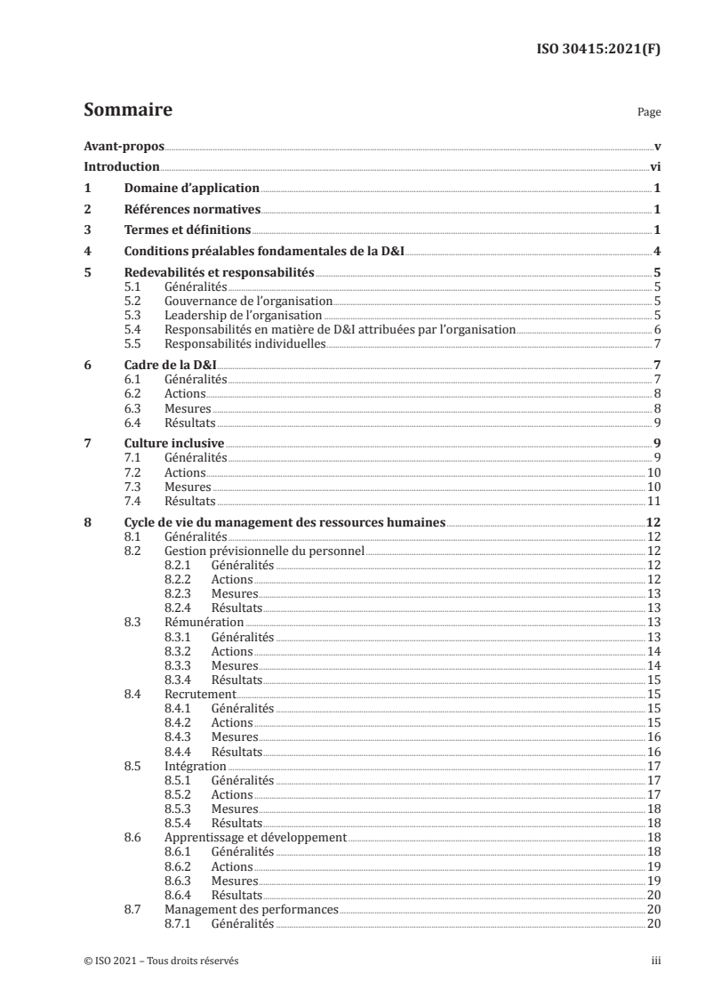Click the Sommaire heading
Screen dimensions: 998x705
(127, 110)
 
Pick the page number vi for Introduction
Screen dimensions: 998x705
(654, 166)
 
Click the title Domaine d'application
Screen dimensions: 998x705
(191, 188)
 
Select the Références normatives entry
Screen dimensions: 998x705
(191, 209)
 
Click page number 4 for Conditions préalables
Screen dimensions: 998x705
(656, 252)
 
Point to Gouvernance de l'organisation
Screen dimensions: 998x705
(248, 302)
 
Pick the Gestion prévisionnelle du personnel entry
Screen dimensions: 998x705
(265, 551)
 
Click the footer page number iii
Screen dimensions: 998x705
(655, 962)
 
